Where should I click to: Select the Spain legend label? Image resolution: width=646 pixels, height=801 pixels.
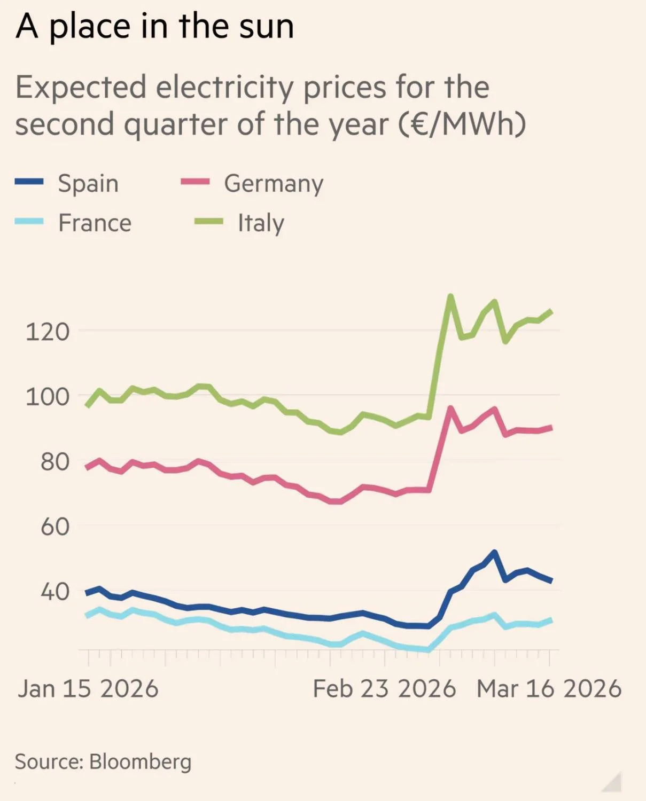click(88, 183)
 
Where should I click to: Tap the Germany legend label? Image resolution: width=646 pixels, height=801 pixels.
click(274, 183)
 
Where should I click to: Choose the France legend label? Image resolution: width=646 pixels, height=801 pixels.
click(95, 223)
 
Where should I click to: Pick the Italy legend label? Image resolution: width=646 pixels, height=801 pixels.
click(261, 223)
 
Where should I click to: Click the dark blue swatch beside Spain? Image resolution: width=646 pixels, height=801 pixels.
click(29, 182)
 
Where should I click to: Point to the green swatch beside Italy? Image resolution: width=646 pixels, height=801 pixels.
click(208, 221)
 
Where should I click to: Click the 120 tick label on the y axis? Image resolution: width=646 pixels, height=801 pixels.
click(48, 332)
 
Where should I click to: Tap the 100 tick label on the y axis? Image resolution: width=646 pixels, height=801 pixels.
click(48, 397)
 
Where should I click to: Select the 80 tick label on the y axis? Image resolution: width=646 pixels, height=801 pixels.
click(55, 461)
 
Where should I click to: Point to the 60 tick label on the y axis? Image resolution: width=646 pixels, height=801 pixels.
click(55, 527)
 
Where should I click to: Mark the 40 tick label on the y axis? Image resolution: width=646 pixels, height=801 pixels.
click(55, 592)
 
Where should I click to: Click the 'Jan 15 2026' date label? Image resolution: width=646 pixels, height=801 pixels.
click(88, 689)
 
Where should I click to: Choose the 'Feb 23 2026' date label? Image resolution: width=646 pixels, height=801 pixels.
click(384, 689)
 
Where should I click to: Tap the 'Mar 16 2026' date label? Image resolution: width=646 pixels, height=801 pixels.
click(549, 689)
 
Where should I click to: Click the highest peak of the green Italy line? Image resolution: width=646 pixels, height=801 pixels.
click(450, 296)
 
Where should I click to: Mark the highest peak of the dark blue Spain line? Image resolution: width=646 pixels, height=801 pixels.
click(494, 553)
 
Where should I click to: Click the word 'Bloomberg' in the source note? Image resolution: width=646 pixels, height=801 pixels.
click(141, 761)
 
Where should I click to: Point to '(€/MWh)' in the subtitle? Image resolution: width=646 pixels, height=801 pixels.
click(462, 124)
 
